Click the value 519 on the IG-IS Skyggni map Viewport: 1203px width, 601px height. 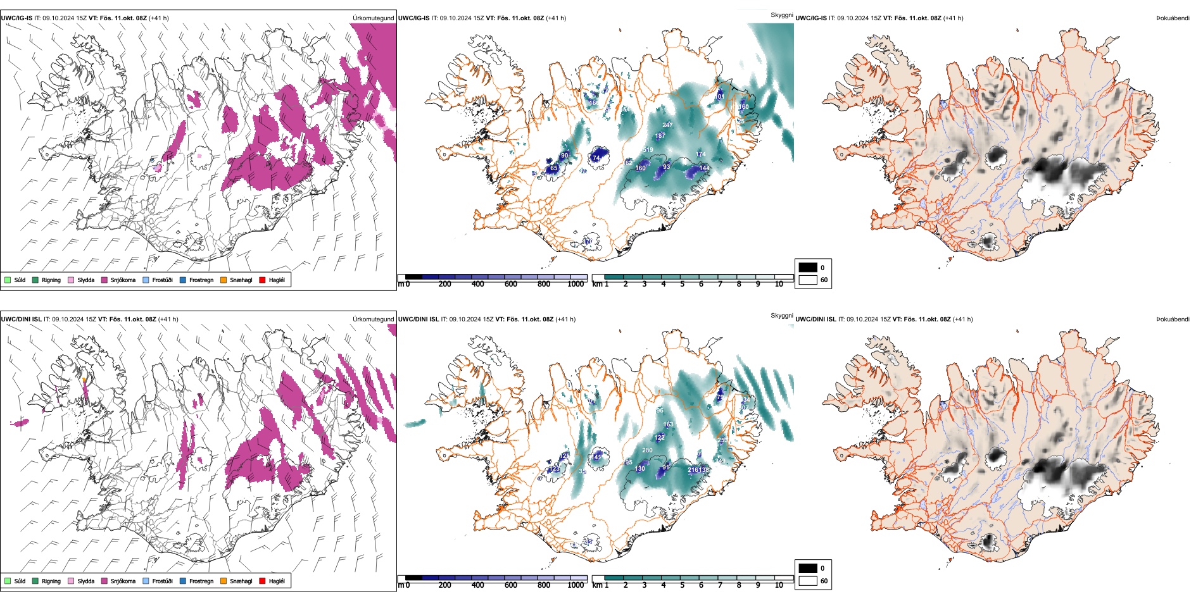point(648,150)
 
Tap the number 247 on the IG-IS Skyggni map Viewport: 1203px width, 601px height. point(667,125)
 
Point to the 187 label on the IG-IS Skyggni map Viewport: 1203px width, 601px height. point(660,136)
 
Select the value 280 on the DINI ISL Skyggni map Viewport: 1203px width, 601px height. point(647,450)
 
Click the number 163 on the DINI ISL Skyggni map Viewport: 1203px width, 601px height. point(668,424)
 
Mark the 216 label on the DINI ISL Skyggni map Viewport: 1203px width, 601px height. point(693,470)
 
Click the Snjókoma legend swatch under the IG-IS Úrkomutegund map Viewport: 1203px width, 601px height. point(104,280)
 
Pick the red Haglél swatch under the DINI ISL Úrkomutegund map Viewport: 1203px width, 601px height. point(263,581)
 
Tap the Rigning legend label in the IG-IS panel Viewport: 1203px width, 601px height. point(51,280)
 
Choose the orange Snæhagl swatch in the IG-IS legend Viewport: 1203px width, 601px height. point(224,280)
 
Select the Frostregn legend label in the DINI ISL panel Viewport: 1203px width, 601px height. point(201,581)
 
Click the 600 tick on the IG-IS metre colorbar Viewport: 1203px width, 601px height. point(510,284)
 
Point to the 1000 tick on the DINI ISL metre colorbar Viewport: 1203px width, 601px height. point(576,585)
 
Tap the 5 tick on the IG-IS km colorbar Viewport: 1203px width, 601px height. point(682,284)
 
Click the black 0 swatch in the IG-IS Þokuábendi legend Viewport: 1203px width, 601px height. point(808,268)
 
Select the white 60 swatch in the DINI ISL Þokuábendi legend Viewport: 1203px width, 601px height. point(808,581)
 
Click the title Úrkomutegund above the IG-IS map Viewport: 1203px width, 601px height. point(373,18)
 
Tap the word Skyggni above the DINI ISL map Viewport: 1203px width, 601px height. point(781,316)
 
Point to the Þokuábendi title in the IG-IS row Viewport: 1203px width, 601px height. point(1173,18)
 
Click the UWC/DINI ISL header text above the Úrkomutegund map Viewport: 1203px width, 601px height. point(21,319)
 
